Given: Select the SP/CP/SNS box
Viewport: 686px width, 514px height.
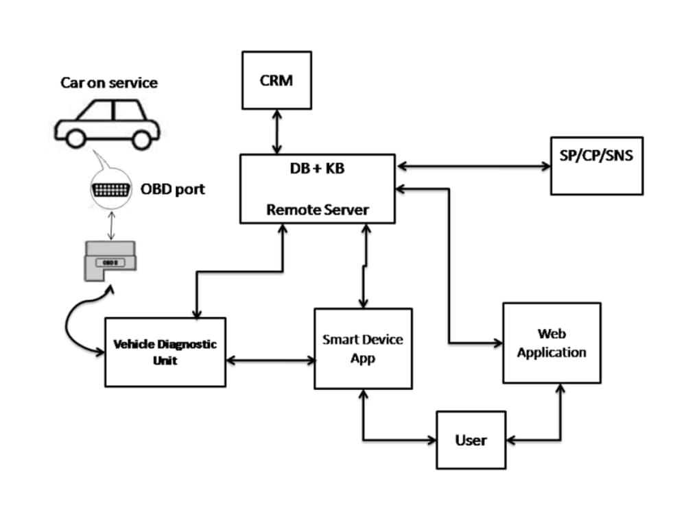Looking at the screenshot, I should (x=596, y=165).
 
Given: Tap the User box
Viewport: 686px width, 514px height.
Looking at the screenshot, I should (x=471, y=439).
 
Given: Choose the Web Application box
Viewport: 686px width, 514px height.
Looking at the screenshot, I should (x=552, y=343).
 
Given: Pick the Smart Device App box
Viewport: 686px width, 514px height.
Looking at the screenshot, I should (x=363, y=348).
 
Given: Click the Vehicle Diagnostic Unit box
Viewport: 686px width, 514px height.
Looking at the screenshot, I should (x=165, y=352).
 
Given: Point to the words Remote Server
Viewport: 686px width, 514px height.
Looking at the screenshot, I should (x=317, y=210).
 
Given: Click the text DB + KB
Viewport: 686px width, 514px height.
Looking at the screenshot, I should (x=317, y=169).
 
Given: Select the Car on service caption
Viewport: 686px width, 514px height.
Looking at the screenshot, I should (x=108, y=83).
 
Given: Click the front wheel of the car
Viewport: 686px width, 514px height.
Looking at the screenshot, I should (x=141, y=139).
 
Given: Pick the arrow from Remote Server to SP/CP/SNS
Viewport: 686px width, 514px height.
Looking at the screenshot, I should (x=473, y=165).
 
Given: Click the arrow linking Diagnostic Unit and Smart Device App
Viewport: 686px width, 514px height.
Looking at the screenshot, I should (x=270, y=358).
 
